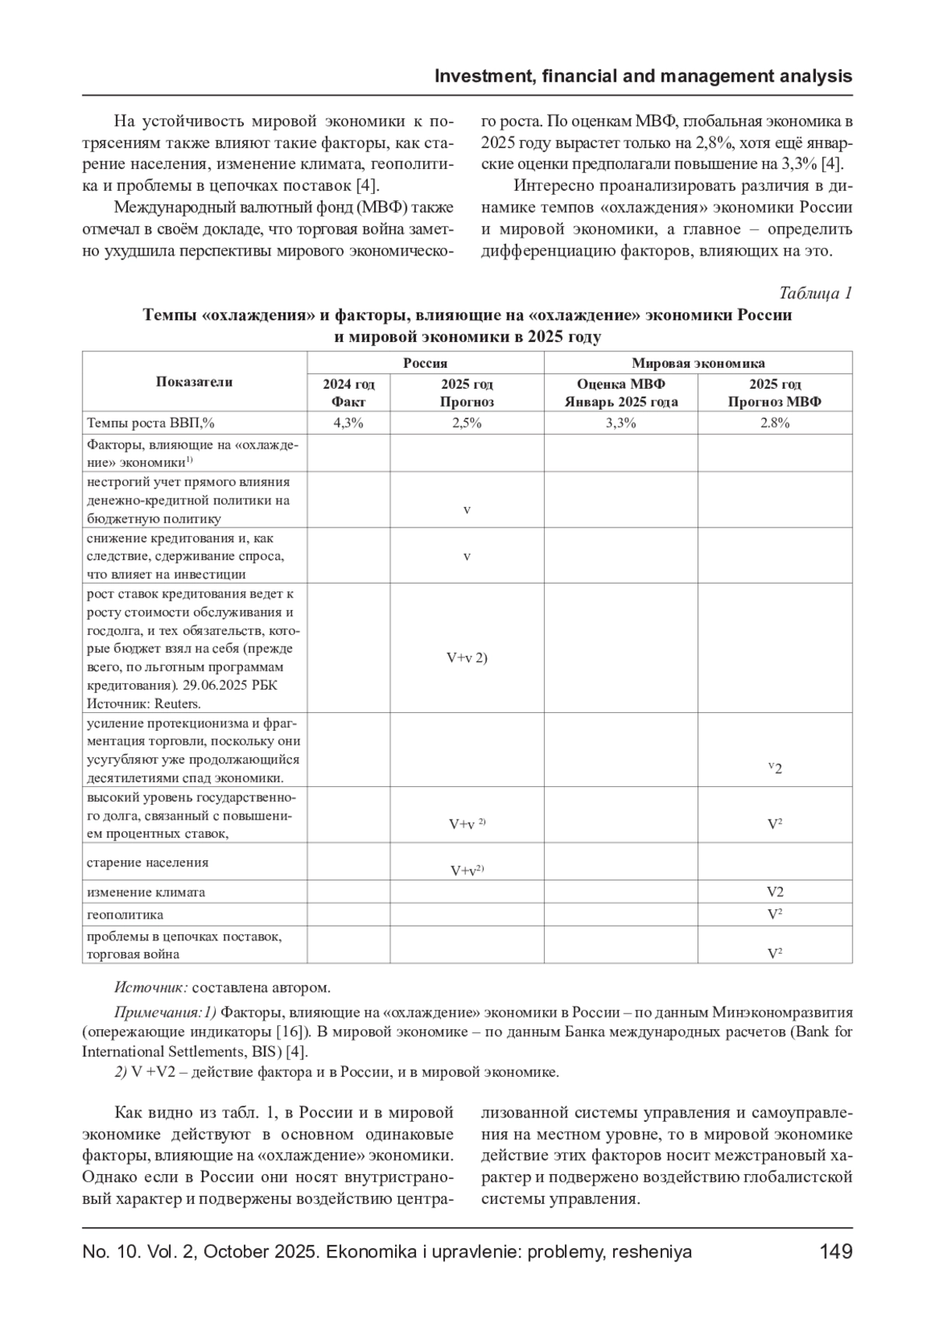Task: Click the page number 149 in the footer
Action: coord(836,1252)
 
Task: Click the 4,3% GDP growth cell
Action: coord(348,422)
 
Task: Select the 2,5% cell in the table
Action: coord(466,422)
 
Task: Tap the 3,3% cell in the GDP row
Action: coord(620,422)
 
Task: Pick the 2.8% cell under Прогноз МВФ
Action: coord(774,422)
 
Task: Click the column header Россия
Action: coord(425,363)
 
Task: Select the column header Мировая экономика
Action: coord(697,363)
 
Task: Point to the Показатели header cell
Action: coord(194,382)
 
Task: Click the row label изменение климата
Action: coord(146,892)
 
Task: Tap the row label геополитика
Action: coord(125,915)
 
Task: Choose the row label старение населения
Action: coord(147,863)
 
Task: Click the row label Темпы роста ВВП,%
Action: coord(150,422)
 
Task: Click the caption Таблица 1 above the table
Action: coord(815,293)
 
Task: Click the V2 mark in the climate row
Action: coord(774,892)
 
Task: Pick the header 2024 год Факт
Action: coord(348,393)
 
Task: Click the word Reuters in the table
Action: coord(177,704)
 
